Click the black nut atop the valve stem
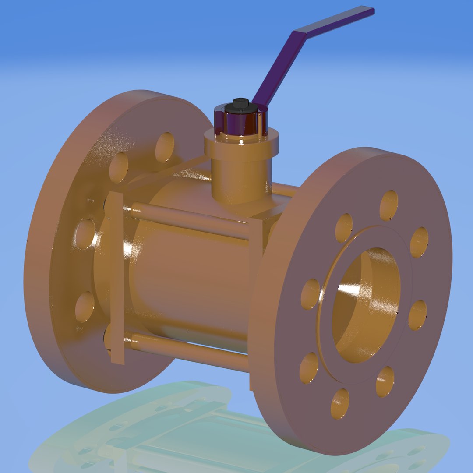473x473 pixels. (x=240, y=104)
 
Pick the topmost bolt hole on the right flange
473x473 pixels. (x=388, y=205)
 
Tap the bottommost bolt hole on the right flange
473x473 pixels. (x=340, y=403)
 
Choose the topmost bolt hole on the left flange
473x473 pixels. (x=165, y=147)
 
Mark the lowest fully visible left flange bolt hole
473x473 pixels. (x=85, y=307)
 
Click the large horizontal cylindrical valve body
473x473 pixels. (x=188, y=280)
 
